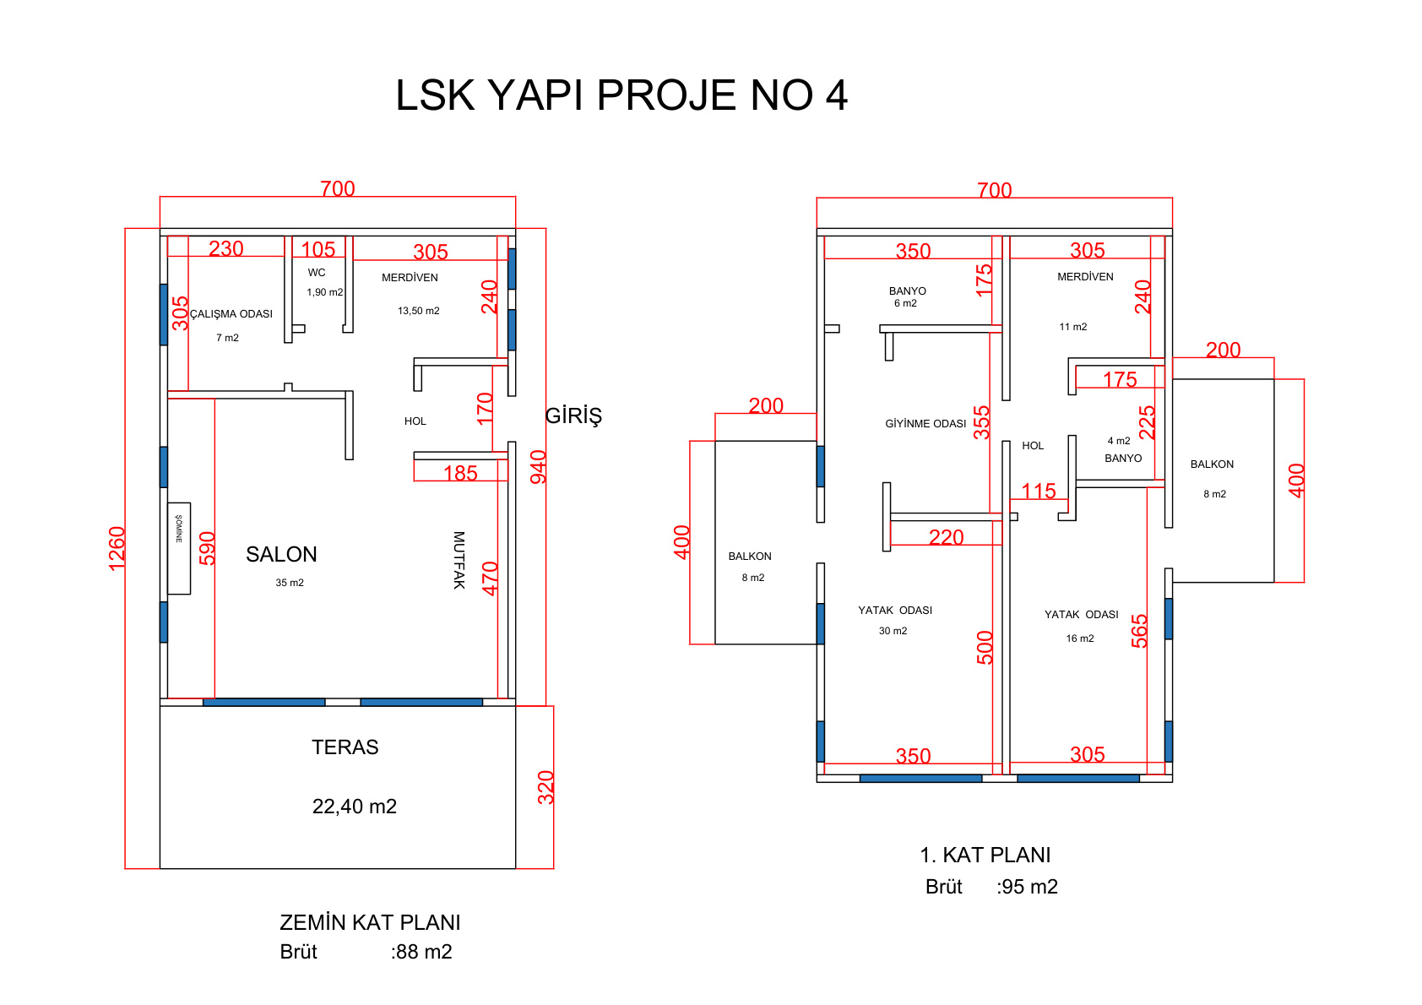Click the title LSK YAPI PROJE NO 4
click(x=621, y=95)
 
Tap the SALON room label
click(x=281, y=554)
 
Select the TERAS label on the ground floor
click(x=345, y=747)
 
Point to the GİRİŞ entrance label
click(x=573, y=416)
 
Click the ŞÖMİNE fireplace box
click(x=179, y=549)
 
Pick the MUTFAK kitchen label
click(x=459, y=560)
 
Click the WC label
click(x=317, y=272)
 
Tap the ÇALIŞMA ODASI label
click(x=231, y=313)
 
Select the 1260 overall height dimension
click(x=117, y=549)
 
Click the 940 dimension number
click(x=539, y=467)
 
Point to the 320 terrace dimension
click(x=546, y=787)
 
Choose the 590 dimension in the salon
click(x=208, y=548)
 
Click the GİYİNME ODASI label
click(x=925, y=423)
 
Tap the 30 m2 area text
click(x=893, y=630)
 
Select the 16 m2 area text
click(x=1080, y=638)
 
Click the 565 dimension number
click(x=1139, y=631)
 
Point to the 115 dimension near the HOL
click(x=1039, y=491)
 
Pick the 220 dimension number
click(x=947, y=537)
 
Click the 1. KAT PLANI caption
click(x=985, y=856)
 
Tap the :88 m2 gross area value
click(x=421, y=952)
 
